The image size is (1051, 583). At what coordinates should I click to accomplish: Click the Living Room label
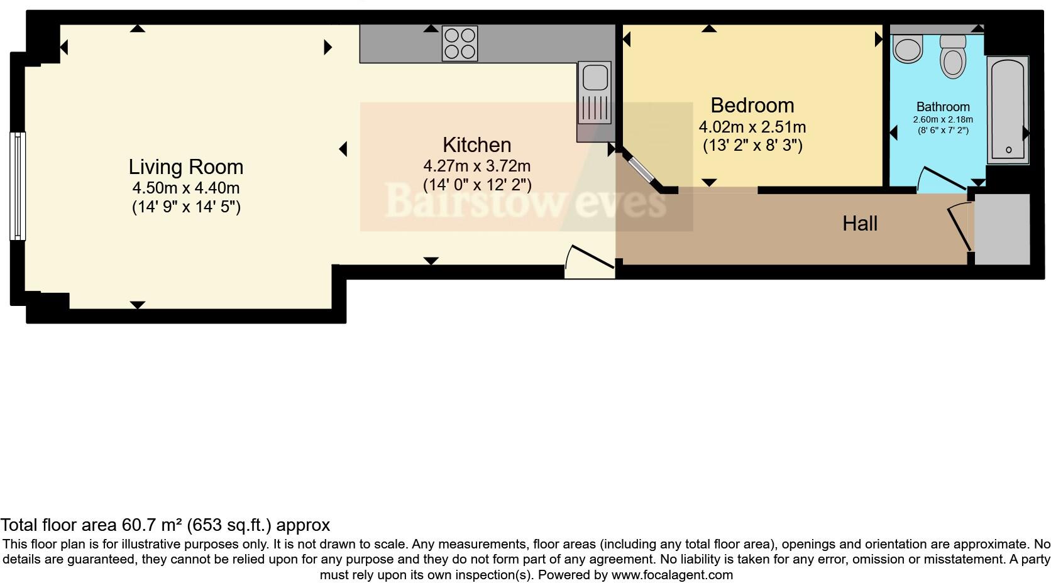(x=185, y=167)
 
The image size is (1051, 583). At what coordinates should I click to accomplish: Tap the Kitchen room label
(x=476, y=145)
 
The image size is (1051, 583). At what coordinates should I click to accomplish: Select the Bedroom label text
(x=752, y=105)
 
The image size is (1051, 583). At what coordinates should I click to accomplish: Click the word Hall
(x=859, y=223)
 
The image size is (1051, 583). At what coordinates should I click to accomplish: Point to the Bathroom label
(x=942, y=107)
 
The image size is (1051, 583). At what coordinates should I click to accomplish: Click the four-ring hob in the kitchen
(x=459, y=43)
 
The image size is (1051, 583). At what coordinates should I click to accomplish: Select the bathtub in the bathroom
(x=1008, y=110)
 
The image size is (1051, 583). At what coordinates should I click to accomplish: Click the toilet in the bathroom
(x=953, y=57)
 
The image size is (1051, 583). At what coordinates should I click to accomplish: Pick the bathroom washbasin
(x=907, y=49)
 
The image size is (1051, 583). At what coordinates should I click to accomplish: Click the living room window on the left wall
(x=18, y=186)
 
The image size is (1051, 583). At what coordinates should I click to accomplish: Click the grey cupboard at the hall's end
(x=1002, y=229)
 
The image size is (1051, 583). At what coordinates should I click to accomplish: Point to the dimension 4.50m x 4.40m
(x=185, y=188)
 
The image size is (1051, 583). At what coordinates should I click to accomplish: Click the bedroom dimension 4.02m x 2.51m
(x=752, y=127)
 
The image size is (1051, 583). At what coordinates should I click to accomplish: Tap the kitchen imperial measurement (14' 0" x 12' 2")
(x=476, y=185)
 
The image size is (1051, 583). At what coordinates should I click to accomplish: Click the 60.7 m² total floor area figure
(x=151, y=525)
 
